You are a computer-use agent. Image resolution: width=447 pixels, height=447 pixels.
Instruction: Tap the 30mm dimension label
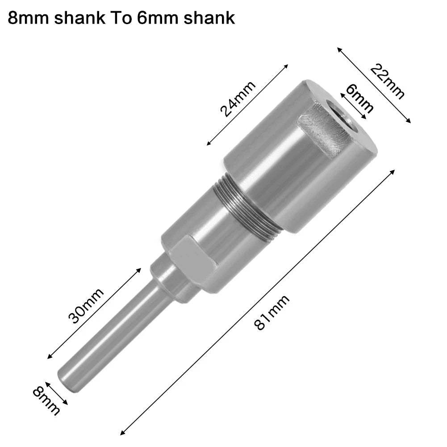point(86,306)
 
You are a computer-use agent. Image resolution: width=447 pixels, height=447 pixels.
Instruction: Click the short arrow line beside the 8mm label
point(56,393)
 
